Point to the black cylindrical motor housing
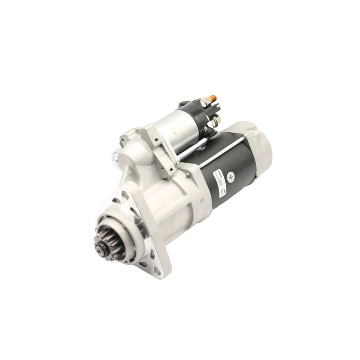tap(226, 165)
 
